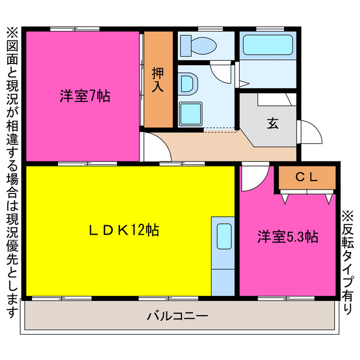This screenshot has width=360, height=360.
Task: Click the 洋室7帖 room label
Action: pyautogui.click(x=85, y=96)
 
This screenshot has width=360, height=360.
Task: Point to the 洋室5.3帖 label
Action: pyautogui.click(x=288, y=237)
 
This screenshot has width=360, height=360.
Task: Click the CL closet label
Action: pyautogui.click(x=307, y=177)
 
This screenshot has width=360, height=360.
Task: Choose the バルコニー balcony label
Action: pyautogui.click(x=178, y=316)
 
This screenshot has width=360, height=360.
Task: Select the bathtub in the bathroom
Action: pyautogui.click(x=268, y=44)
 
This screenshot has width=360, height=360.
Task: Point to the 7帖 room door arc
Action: pyautogui.click(x=155, y=147)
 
